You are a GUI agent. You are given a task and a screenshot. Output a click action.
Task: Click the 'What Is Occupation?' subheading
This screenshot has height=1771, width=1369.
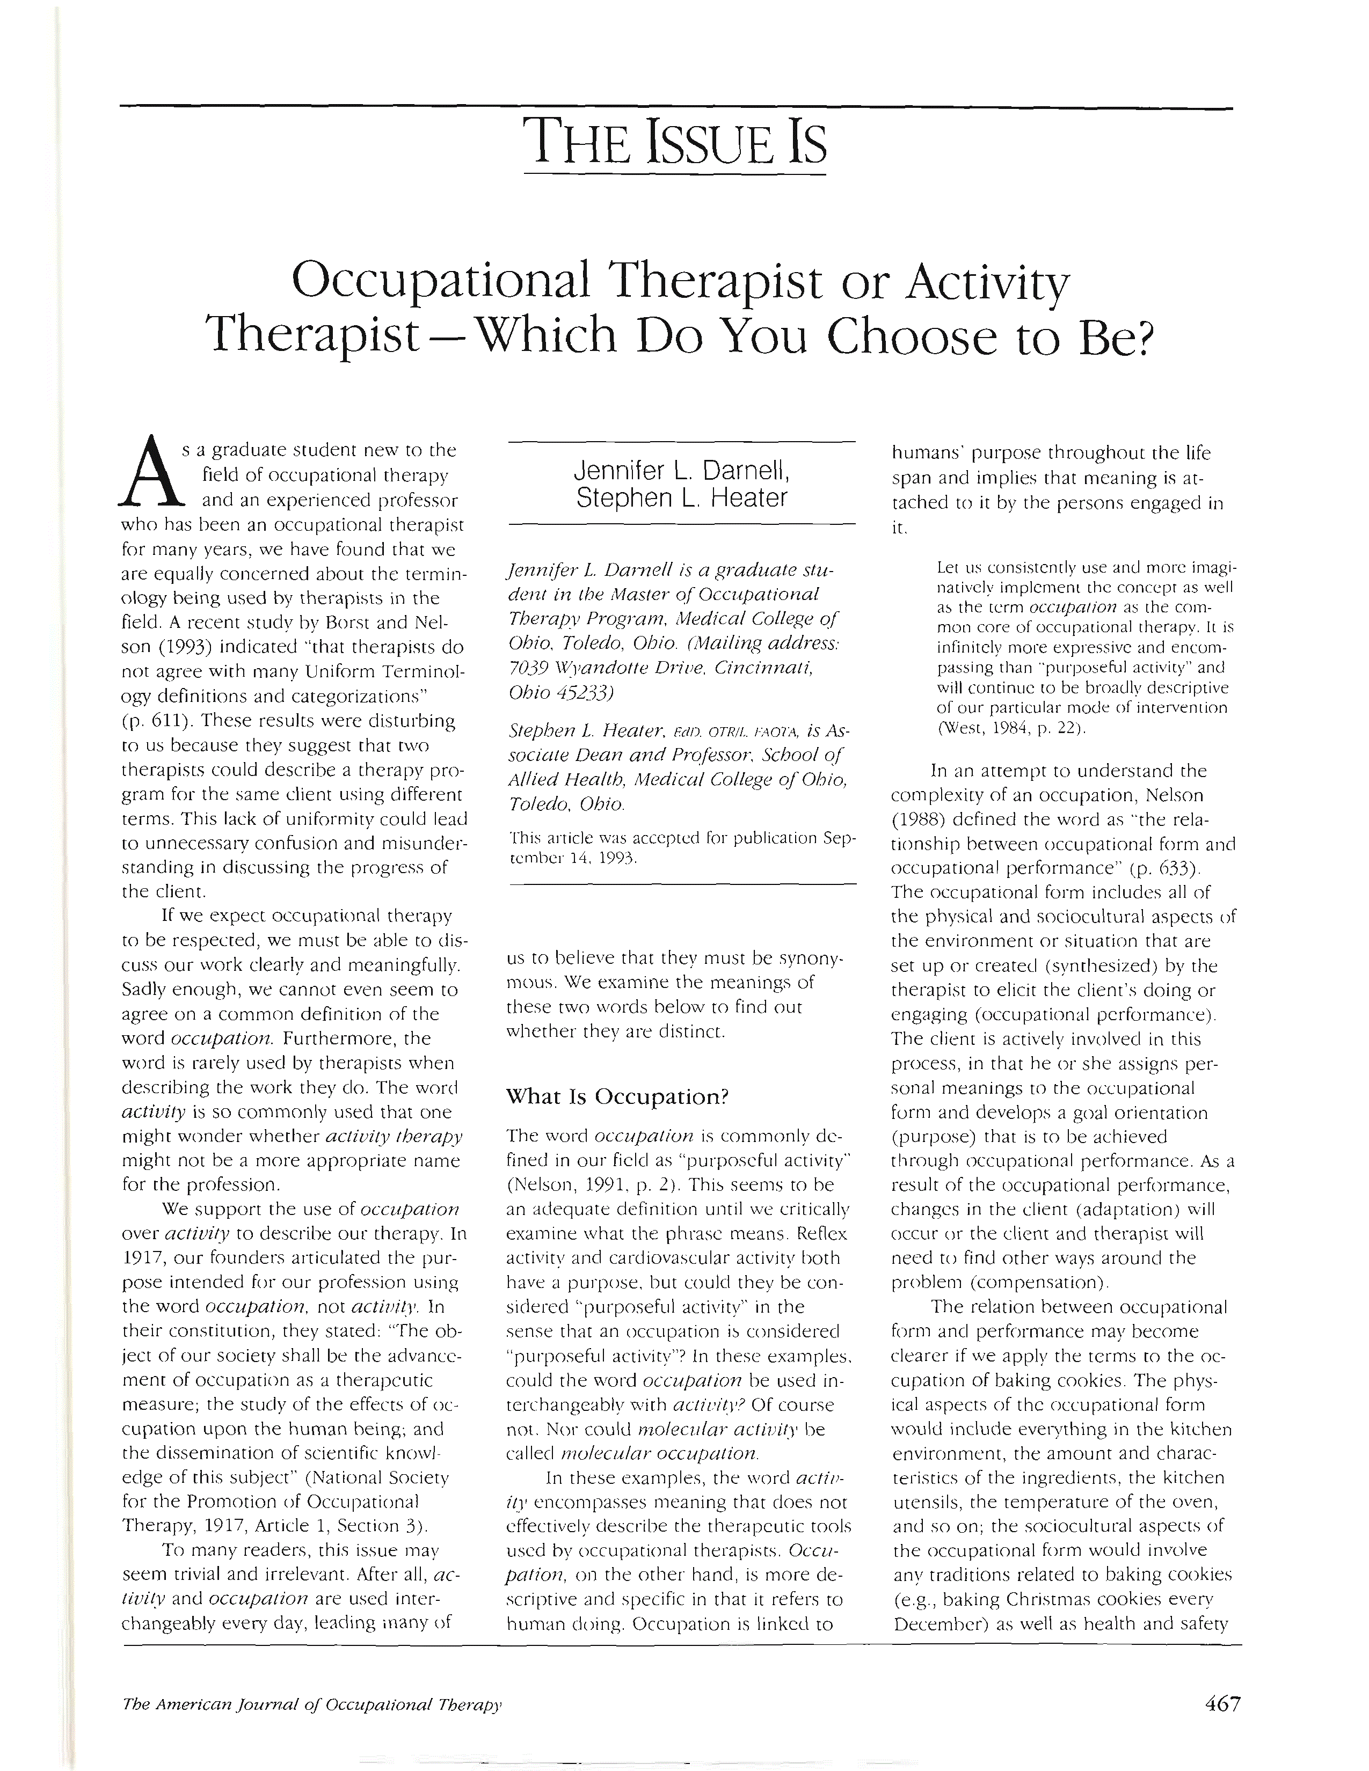click(x=616, y=1096)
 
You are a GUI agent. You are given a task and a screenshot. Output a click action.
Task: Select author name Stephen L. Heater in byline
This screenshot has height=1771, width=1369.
click(x=681, y=497)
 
